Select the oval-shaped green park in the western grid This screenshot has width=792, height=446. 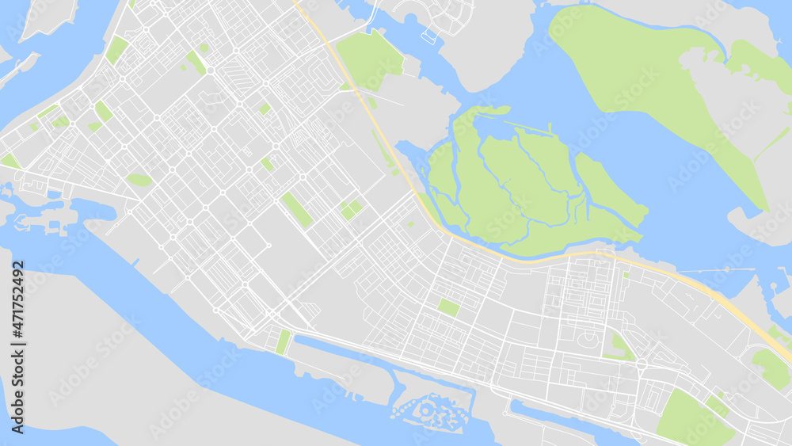coord(139,180)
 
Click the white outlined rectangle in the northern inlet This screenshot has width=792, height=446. coord(428,36)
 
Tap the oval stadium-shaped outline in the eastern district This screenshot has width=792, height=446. coord(587,339)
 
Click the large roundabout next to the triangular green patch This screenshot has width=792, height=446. coord(641,365)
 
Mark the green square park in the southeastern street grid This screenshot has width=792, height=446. coord(448,307)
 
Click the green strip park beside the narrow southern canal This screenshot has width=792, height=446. coord(283,341)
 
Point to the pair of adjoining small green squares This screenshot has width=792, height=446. coord(350,209)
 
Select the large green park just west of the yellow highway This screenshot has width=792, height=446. coord(368,59)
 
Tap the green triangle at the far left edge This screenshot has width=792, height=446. coord(9,162)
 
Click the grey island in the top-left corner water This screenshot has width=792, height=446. coord(48,16)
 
